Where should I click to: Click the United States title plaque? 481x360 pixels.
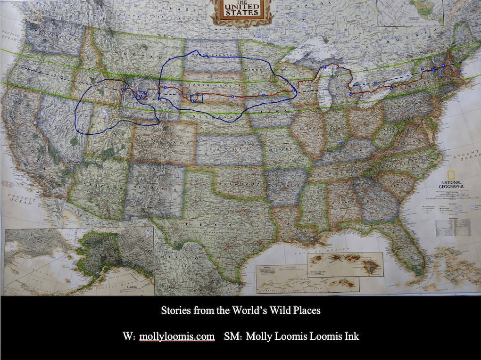pyautogui.click(x=242, y=11)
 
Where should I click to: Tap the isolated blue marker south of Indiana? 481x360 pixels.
pyautogui.click(x=340, y=142)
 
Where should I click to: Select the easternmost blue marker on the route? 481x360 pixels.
pyautogui.click(x=460, y=71)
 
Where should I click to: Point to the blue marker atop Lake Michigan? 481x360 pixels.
pyautogui.click(x=325, y=67)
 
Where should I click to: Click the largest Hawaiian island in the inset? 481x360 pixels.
pyautogui.click(x=371, y=267)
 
